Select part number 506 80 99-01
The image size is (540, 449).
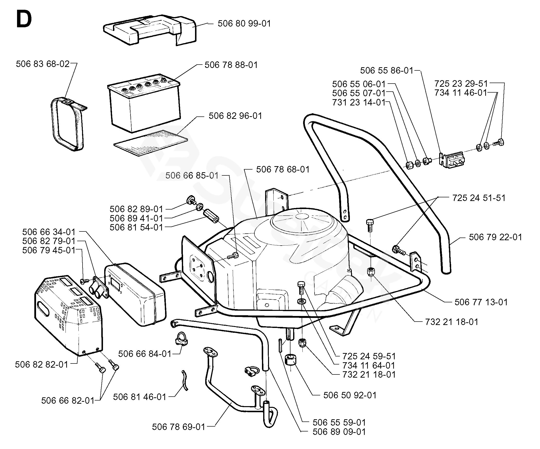point(244,24)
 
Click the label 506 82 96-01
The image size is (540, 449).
point(235,116)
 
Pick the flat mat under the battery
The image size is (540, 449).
point(150,143)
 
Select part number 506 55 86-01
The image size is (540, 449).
point(386,70)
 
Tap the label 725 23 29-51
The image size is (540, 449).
point(461,84)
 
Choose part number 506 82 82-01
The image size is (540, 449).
point(41,365)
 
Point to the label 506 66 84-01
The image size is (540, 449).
point(145,354)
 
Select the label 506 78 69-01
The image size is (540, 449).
point(178,427)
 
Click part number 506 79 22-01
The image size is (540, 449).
point(495,237)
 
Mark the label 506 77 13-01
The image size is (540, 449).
point(481,302)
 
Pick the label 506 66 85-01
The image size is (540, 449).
point(192,175)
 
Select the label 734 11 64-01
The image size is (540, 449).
point(369,365)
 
